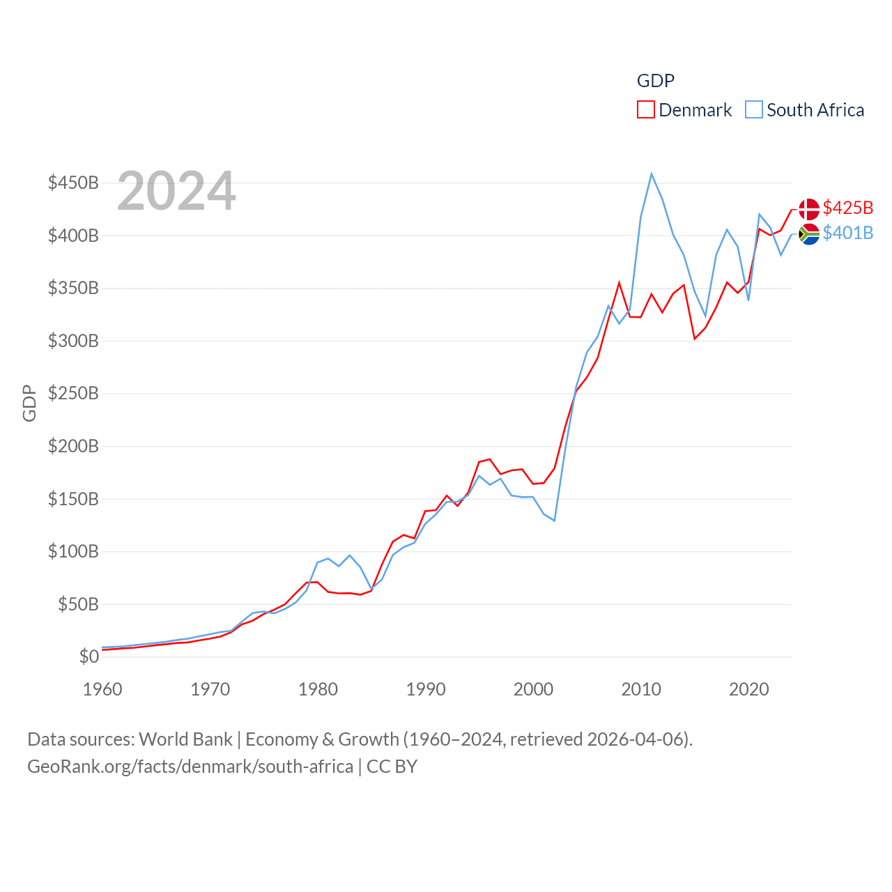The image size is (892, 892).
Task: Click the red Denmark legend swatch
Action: point(646,110)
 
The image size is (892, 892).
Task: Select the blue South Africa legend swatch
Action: point(754,110)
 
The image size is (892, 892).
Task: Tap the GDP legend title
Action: point(655,81)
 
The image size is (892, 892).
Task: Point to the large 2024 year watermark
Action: point(176,191)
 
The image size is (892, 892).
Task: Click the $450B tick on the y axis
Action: point(73,183)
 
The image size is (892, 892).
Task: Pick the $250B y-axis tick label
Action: point(73,393)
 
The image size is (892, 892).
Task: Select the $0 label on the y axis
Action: point(89,656)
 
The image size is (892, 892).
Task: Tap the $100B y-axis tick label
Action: point(73,551)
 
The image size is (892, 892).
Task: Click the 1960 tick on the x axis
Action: point(102,689)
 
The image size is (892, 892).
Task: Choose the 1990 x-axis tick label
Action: point(426,689)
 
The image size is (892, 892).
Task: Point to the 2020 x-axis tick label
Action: point(748,689)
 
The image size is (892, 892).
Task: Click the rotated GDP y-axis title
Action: point(29,403)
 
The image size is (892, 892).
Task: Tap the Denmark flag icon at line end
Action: point(809,209)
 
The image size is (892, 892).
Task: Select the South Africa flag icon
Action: point(809,234)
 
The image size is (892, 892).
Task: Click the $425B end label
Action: point(847,208)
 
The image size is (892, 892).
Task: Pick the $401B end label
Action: point(847,233)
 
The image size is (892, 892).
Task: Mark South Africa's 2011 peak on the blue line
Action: point(652,174)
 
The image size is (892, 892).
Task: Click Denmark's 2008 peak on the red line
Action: point(619,283)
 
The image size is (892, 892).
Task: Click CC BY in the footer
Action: point(392,767)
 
